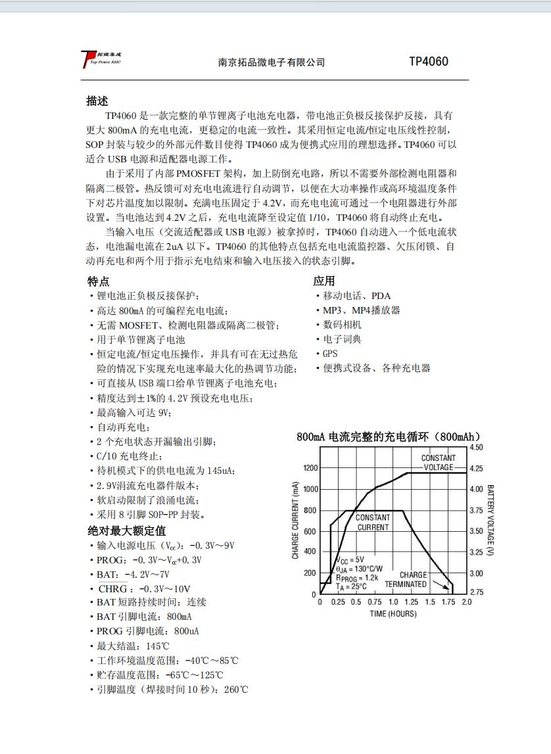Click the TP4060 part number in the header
coord(428,62)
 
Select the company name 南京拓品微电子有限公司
coord(272,62)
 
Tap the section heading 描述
coord(97,101)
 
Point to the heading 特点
coord(99,281)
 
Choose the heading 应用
coord(324,281)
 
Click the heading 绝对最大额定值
coord(127,530)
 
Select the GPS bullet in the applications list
coord(329,354)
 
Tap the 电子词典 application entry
coord(342,339)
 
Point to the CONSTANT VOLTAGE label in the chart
coord(438,462)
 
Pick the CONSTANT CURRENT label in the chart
coord(373,522)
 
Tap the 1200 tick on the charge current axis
coord(310,468)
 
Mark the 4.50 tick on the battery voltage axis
coord(477,448)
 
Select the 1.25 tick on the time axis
coord(412,602)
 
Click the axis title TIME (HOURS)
coord(393,614)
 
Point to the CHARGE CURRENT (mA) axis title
coord(295,519)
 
